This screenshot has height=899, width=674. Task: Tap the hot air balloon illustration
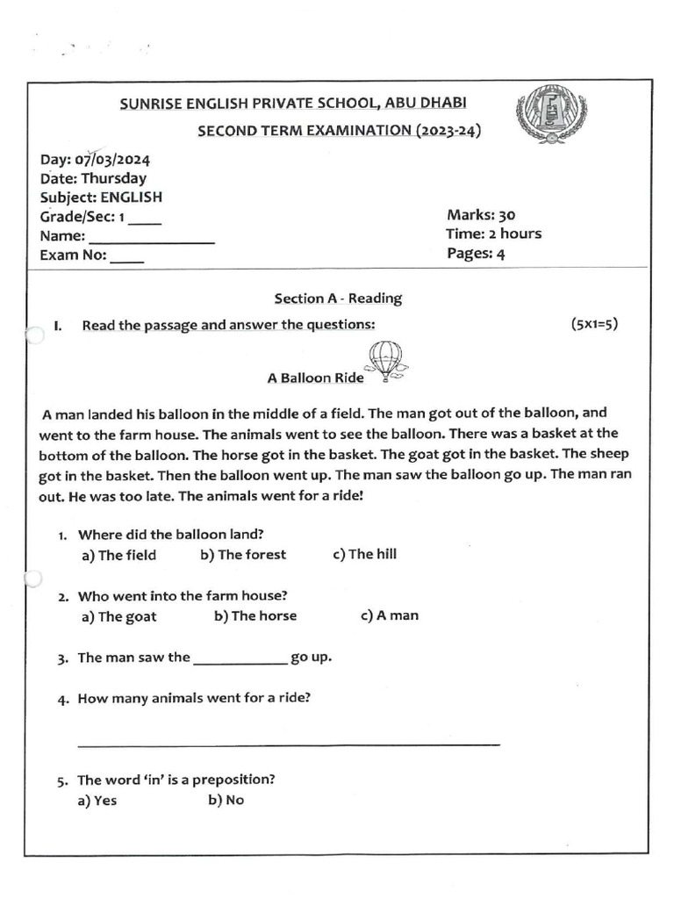[386, 361]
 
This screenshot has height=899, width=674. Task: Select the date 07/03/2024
[118, 160]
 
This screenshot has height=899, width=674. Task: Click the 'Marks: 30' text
[481, 215]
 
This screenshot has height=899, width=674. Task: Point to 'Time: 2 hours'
[493, 234]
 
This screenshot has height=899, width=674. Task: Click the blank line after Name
[152, 241]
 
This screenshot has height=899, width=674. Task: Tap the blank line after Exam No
[127, 261]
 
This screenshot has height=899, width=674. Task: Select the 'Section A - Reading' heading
[338, 298]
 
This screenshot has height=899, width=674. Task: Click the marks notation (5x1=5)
[594, 324]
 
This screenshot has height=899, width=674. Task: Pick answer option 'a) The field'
[118, 555]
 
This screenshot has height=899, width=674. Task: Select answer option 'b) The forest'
[243, 555]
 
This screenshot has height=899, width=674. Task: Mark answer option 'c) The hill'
[365, 555]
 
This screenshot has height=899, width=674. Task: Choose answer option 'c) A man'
[390, 616]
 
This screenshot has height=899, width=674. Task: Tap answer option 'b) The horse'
[255, 616]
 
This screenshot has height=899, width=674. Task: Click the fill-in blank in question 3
[239, 663]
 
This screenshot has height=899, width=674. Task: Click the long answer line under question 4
[289, 744]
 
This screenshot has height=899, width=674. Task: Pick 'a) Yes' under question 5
[98, 801]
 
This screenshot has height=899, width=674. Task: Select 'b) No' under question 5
[226, 801]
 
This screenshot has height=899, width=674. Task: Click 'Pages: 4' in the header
[476, 255]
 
